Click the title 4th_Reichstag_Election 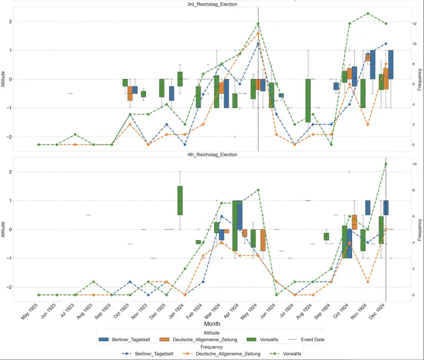[212, 155]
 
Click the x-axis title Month [212, 324]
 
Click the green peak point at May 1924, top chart [258, 24]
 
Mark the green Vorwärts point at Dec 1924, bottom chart [386, 164]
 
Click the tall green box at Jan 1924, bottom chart [180, 201]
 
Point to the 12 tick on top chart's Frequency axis [416, 24]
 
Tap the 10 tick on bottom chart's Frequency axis [416, 164]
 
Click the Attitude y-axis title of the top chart [4, 79]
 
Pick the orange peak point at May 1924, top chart [258, 34]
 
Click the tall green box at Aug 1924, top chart [308, 101]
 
